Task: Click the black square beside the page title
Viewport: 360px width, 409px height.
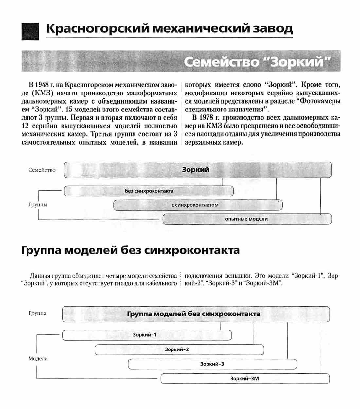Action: click(30, 31)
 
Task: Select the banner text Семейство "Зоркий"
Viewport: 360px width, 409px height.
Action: click(257, 61)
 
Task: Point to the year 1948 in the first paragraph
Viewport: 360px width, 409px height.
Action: click(42, 85)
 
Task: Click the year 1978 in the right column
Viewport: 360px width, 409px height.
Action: click(206, 118)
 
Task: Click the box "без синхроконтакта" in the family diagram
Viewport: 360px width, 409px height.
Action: click(149, 191)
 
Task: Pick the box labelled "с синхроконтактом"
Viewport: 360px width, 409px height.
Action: click(198, 205)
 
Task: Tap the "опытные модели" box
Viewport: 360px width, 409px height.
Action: click(247, 219)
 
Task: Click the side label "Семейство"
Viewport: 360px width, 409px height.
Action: click(42, 170)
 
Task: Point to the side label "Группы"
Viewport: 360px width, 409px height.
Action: click(38, 205)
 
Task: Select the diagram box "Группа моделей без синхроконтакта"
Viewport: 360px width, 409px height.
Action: click(196, 314)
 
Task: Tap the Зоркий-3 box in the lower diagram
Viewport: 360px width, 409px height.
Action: click(212, 364)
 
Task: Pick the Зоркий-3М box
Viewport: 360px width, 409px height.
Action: click(245, 379)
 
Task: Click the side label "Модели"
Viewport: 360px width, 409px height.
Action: click(38, 359)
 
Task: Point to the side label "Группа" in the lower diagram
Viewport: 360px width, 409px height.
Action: click(37, 313)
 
